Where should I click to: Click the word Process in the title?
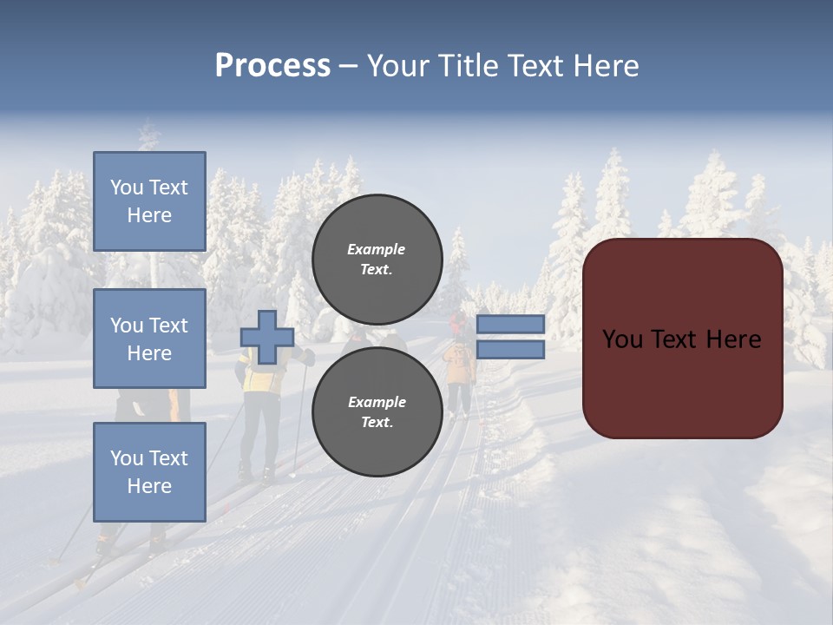272,66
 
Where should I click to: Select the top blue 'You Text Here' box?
149,201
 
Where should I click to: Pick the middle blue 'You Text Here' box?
149,339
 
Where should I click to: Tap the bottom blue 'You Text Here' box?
149,472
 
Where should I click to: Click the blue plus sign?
267,337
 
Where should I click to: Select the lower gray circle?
377,411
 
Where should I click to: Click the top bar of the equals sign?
510,324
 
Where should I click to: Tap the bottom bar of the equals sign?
510,349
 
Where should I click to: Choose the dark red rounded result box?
683,339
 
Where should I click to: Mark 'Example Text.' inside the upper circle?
377,259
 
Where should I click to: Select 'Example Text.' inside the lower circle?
377,411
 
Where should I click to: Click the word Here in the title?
604,66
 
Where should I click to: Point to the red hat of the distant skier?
456,319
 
